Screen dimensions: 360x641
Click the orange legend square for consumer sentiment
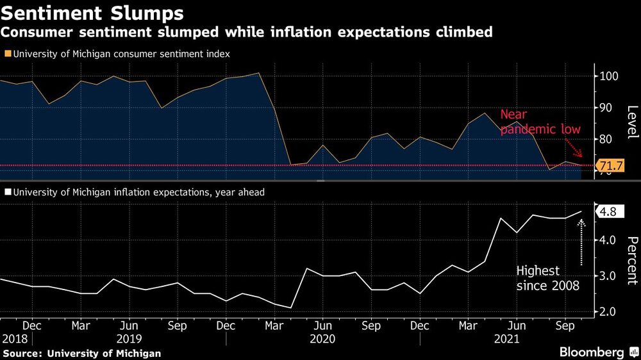click(x=6, y=54)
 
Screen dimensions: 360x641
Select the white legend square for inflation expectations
click(x=6, y=192)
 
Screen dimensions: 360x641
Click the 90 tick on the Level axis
click(x=606, y=108)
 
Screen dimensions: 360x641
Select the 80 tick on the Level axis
click(x=606, y=139)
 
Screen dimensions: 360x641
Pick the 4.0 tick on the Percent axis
click(x=608, y=240)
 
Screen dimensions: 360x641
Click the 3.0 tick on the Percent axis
click(x=608, y=276)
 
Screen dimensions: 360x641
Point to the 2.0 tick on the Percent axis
click(x=608, y=311)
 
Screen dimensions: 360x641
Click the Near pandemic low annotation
click(x=540, y=122)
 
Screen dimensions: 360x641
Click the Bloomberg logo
click(x=592, y=352)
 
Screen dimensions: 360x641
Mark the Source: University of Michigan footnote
click(x=81, y=353)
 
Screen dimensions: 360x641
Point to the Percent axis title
click(x=631, y=259)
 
